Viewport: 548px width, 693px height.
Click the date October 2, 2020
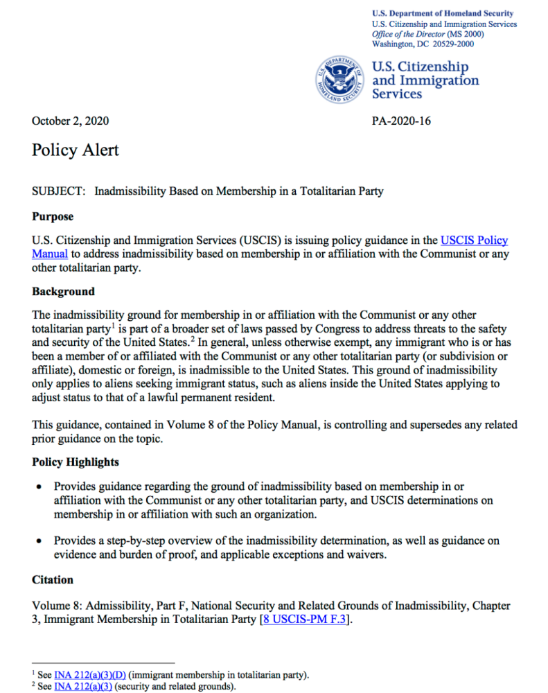click(70, 121)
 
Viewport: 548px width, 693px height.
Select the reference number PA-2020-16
click(401, 121)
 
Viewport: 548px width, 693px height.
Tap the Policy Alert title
click(76, 150)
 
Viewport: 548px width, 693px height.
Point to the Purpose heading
click(53, 216)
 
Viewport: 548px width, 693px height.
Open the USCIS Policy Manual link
click(474, 240)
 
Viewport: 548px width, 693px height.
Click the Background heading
click(63, 291)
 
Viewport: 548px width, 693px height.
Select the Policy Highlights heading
click(76, 462)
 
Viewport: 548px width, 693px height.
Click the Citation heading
click(53, 579)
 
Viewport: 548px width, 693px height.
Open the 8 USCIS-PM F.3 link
click(303, 620)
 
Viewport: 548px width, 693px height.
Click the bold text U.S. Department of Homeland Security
click(443, 13)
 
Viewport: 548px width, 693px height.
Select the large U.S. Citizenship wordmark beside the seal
click(421, 67)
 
